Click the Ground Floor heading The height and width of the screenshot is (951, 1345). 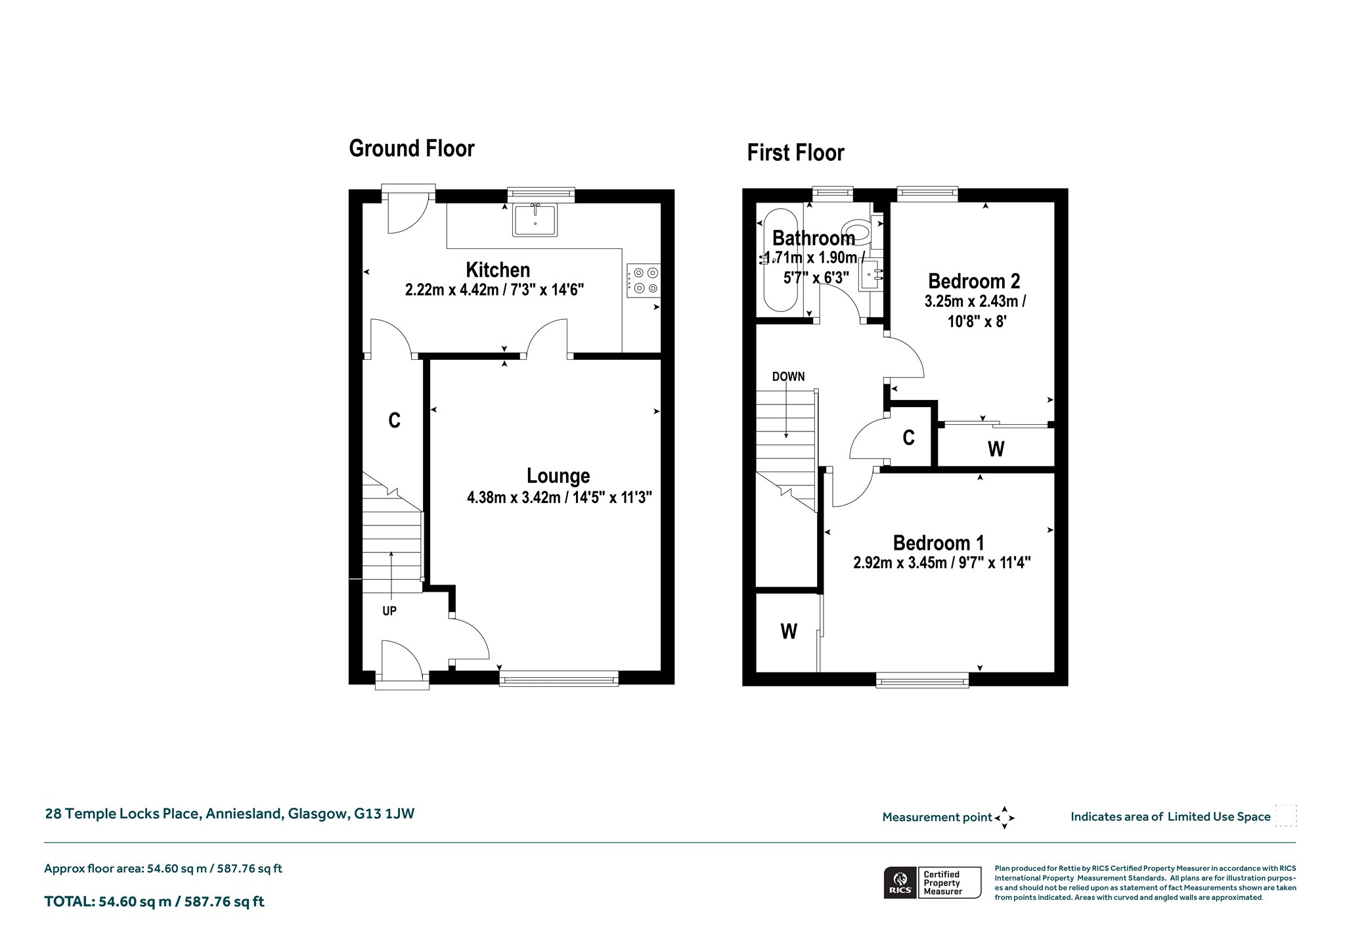pyautogui.click(x=411, y=148)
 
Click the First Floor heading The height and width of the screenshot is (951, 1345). pyautogui.click(x=795, y=153)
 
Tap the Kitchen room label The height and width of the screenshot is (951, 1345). pyautogui.click(x=498, y=270)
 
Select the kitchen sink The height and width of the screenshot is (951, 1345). pyautogui.click(x=535, y=219)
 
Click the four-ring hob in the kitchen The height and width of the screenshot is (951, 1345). pyautogui.click(x=644, y=280)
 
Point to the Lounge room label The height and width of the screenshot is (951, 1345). pyautogui.click(x=558, y=475)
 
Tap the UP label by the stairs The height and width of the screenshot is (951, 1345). pyautogui.click(x=389, y=611)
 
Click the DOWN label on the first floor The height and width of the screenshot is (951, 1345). pyautogui.click(x=788, y=377)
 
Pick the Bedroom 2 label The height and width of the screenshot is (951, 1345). pyautogui.click(x=974, y=281)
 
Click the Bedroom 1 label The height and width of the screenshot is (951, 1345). pyautogui.click(x=938, y=543)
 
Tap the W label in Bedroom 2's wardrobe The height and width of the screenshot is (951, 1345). pyautogui.click(x=996, y=449)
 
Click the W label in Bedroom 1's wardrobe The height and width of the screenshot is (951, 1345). pyautogui.click(x=789, y=632)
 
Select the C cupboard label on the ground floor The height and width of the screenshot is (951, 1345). pyautogui.click(x=394, y=420)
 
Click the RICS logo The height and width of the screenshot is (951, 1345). pyautogui.click(x=899, y=882)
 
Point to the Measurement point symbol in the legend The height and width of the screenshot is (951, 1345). pyautogui.click(x=1004, y=818)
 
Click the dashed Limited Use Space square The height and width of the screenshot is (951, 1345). pyautogui.click(x=1285, y=816)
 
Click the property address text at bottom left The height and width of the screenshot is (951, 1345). pyautogui.click(x=229, y=814)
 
